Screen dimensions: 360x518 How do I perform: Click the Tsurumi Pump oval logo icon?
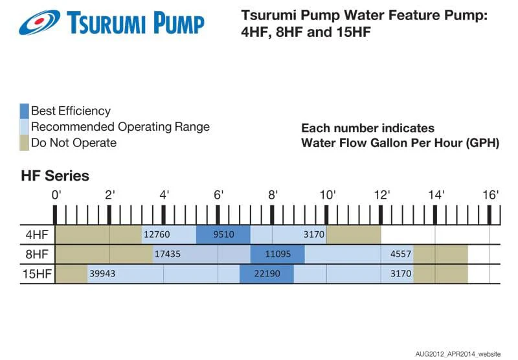[x=40, y=22]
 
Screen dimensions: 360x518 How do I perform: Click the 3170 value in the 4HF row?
[x=313, y=234]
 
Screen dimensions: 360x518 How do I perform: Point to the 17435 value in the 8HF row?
[x=168, y=254]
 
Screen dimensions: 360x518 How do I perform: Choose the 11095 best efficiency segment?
[x=277, y=254]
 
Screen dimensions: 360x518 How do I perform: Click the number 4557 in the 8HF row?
[x=401, y=254]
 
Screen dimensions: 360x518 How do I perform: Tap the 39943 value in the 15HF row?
[x=102, y=273]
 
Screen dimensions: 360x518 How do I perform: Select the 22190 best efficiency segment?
[x=267, y=273]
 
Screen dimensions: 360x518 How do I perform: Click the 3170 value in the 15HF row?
[x=401, y=273]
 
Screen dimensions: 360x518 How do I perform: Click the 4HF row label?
[x=36, y=234]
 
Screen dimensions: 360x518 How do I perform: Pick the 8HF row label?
[x=36, y=254]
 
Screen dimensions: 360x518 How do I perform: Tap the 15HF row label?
[x=36, y=273]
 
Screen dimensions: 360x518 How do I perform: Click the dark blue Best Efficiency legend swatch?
[x=25, y=111]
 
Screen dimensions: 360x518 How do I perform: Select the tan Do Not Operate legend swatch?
[x=25, y=142]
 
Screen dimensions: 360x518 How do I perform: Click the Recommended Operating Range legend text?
[x=120, y=127]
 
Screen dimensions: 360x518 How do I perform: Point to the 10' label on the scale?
[x=327, y=195]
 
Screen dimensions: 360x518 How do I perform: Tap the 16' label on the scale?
[x=490, y=195]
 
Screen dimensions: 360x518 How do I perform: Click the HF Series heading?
[x=55, y=175]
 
